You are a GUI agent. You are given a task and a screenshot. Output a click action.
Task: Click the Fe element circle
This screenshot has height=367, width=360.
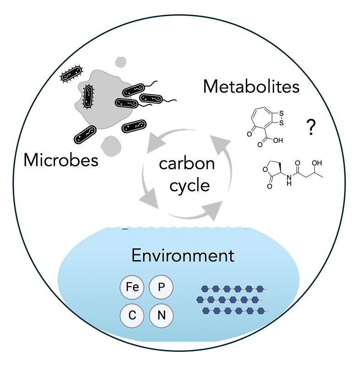132,288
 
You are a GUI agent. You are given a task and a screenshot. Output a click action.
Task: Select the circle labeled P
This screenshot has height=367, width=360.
161,288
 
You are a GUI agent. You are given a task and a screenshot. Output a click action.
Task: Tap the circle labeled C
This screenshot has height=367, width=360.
132,316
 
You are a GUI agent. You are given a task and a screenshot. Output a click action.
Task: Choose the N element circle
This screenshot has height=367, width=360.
161,316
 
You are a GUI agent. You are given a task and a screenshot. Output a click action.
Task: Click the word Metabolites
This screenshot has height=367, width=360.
251,86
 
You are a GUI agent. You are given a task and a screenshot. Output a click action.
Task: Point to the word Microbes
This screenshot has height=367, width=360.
61,160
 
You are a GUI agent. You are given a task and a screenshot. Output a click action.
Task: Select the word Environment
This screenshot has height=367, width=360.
183,255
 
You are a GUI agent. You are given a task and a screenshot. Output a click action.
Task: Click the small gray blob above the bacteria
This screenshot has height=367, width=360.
121,62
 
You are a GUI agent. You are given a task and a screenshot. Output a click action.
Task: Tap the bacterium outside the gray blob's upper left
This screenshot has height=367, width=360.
72,73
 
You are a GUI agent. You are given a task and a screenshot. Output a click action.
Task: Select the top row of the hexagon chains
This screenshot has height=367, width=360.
233,289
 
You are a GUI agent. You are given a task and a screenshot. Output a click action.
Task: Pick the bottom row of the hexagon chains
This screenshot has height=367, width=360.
235,311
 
